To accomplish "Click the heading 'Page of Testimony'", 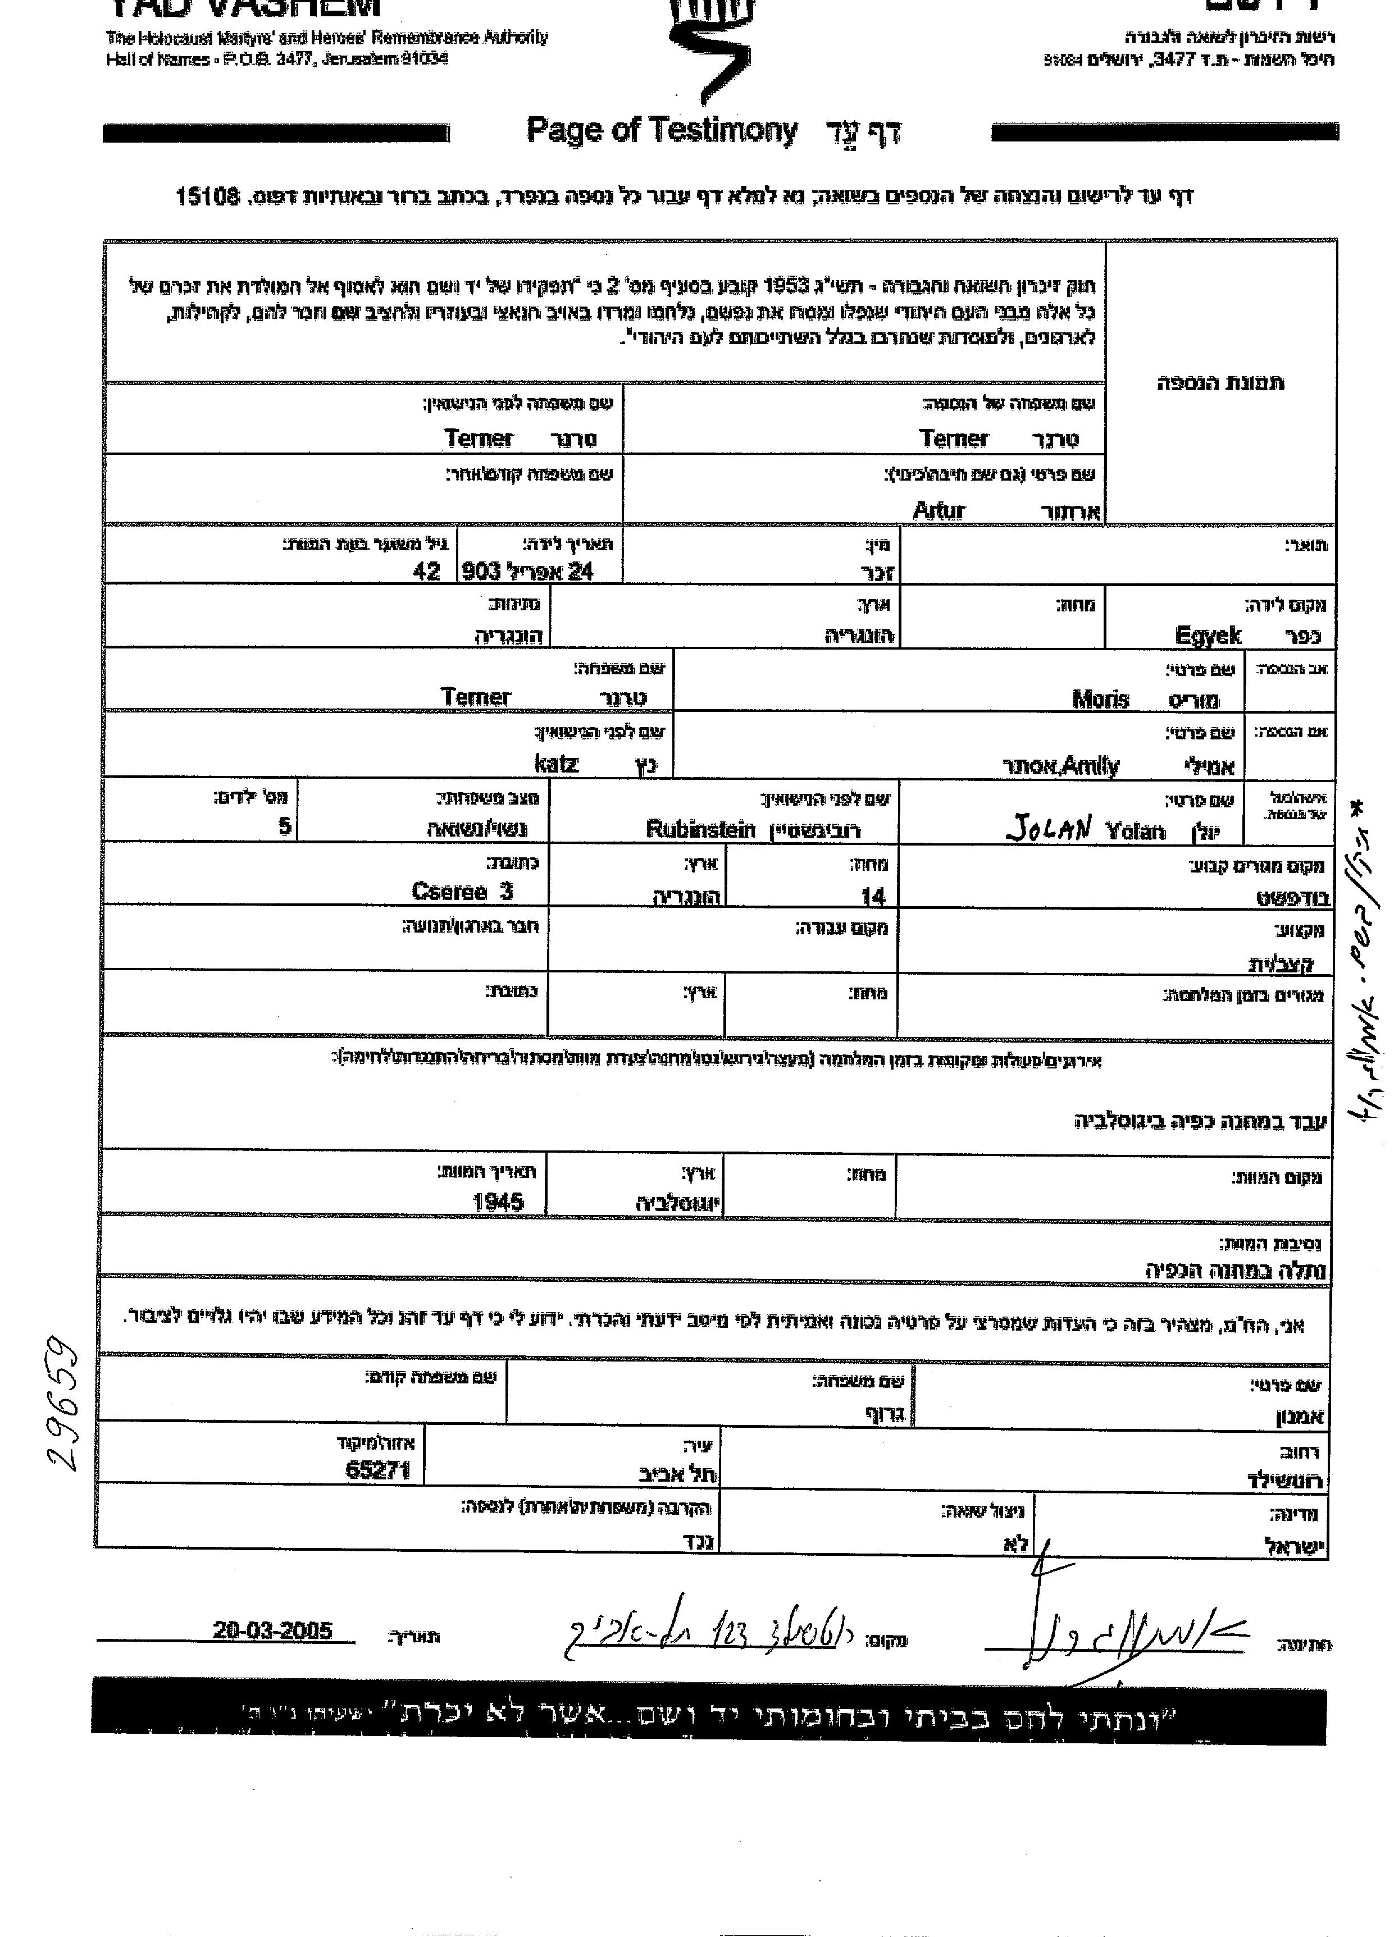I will coord(662,131).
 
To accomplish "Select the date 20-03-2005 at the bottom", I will coord(272,1630).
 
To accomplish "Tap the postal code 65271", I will coord(379,1470).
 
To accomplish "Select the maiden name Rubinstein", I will coord(700,829).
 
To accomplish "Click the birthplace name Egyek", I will coord(1208,634).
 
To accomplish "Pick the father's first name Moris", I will coord(1100,700).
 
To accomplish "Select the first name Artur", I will coord(938,511).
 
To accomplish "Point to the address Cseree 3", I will coord(462,892).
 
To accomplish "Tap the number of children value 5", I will coord(285,826).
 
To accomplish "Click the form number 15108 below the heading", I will coord(206,197).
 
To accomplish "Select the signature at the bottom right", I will coord(1110,1631).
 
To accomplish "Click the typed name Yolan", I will coord(1135,830).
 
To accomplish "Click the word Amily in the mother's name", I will coord(1090,766).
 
